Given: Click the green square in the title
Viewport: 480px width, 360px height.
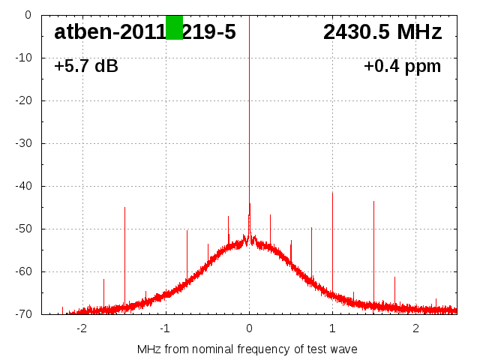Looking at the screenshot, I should point(174,27).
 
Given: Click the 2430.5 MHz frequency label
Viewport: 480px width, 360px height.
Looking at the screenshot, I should point(382,32).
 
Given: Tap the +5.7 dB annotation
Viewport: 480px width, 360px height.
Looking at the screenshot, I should point(86,67).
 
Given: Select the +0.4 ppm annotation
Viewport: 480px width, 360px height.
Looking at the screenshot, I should point(403,67).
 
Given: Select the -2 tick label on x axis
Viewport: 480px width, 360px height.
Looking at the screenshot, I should point(82,328).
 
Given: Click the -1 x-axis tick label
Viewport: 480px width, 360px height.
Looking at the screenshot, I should point(165,328).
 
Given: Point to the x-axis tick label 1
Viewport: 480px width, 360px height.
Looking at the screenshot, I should point(332,328).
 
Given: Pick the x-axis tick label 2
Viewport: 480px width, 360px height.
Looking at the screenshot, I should point(415,328).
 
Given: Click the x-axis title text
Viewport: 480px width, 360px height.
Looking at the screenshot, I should point(247,349).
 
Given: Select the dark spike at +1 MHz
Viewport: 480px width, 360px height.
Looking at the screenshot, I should point(332,240).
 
